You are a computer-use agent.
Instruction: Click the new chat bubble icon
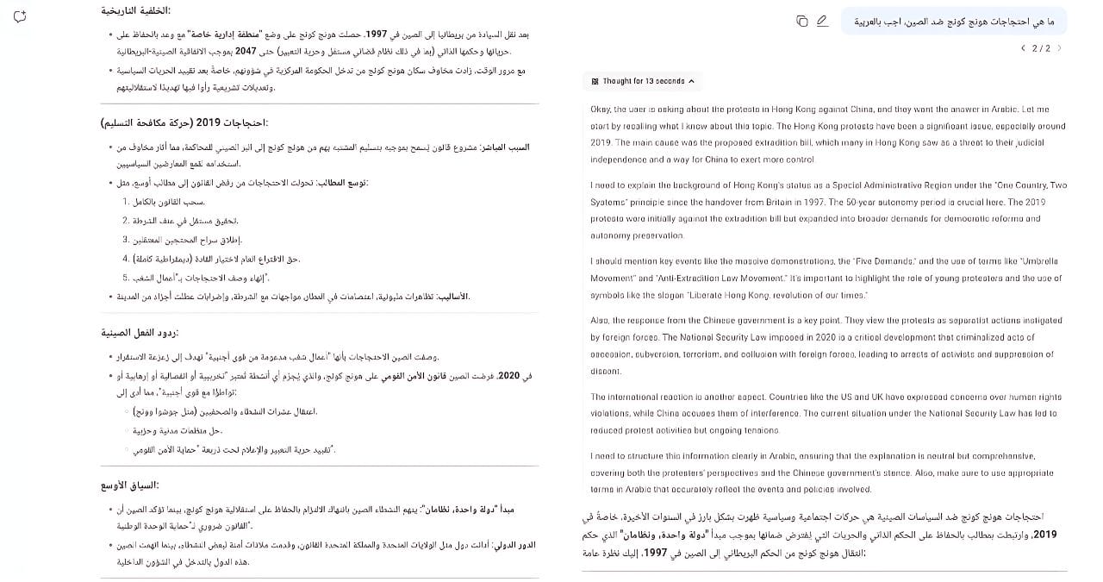(20, 16)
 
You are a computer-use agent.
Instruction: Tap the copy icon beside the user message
(802, 21)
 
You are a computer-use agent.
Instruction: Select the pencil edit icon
(822, 21)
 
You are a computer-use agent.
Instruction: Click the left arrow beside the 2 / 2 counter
(1023, 48)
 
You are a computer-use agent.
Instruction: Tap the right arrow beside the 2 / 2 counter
(1059, 48)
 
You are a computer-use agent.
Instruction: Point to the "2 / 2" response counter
(1041, 48)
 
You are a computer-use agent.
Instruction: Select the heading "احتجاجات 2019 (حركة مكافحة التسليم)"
(184, 122)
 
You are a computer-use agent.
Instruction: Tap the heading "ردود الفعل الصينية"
(140, 332)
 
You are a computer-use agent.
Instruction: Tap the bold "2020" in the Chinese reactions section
(533, 376)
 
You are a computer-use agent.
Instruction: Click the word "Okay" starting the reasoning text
(601, 110)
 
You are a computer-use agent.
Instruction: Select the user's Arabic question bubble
(954, 21)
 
